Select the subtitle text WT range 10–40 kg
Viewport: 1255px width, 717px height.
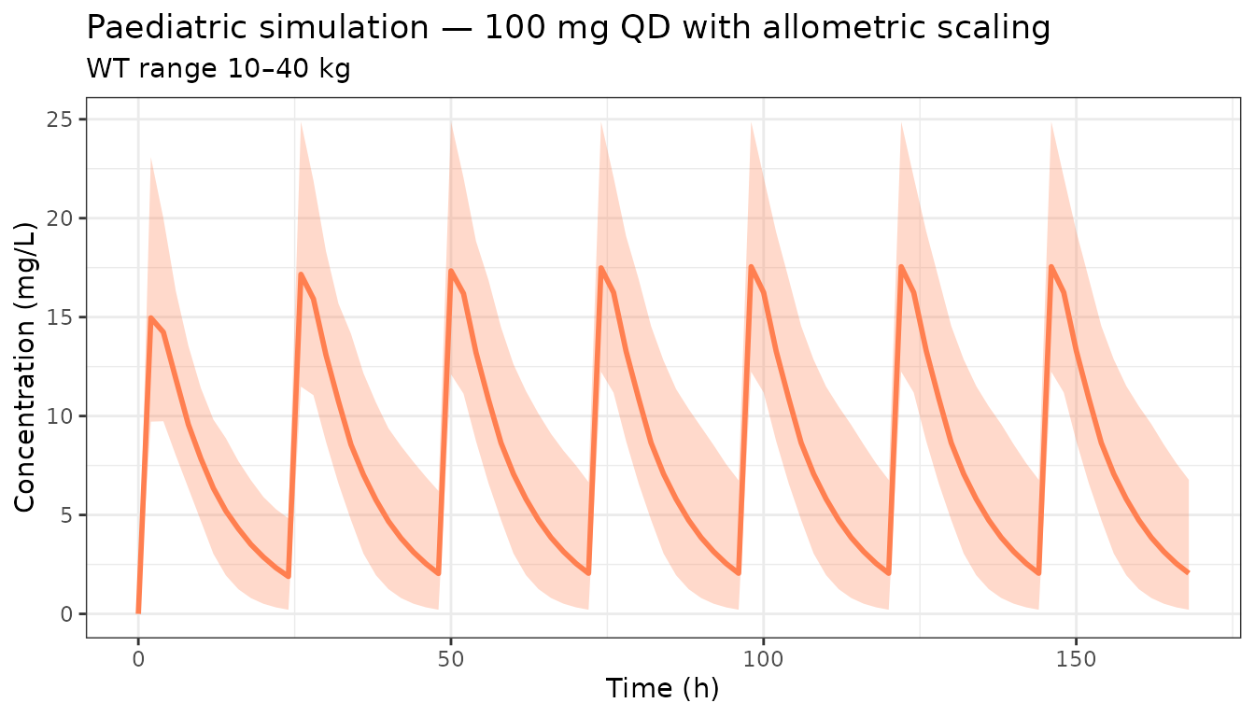click(218, 69)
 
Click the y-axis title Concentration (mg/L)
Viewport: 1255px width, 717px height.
click(25, 367)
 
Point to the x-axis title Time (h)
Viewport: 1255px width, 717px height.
click(662, 689)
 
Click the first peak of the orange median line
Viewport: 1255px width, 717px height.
click(150, 317)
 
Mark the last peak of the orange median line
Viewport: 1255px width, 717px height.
click(1051, 267)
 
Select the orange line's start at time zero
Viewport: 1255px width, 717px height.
click(138, 612)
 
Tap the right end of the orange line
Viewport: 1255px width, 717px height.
click(1188, 572)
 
